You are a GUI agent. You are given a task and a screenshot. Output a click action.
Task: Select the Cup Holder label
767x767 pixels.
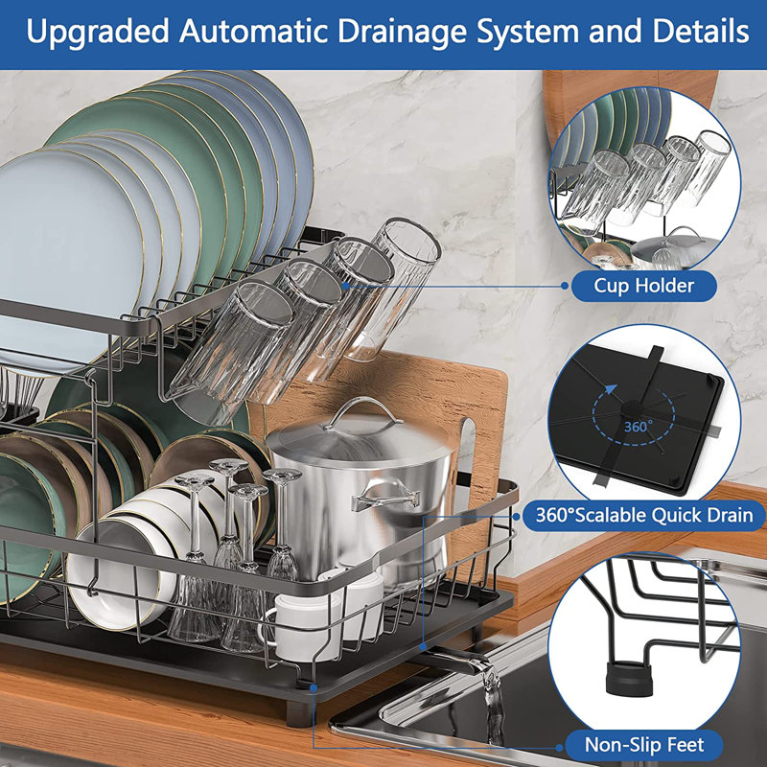coord(643,285)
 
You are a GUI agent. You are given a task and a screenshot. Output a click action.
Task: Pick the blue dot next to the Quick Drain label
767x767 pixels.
coord(518,515)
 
